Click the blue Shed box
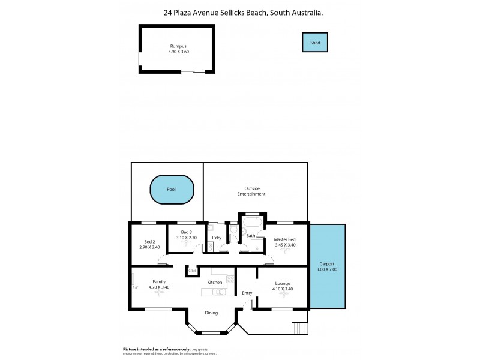pos(315,43)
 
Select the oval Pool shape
pos(172,189)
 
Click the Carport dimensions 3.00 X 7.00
pos(328,269)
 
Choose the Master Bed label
pos(284,240)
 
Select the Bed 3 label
pos(187,232)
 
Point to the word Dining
pos(211,313)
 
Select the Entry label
pos(247,293)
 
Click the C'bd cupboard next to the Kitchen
pos(193,271)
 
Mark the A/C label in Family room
pos(134,287)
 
